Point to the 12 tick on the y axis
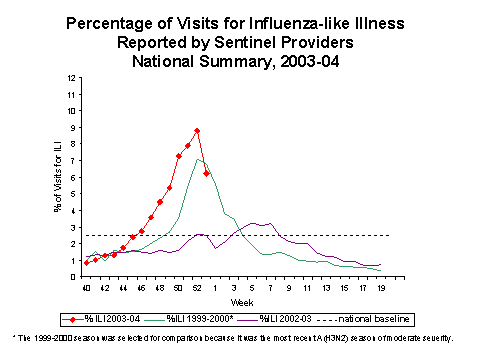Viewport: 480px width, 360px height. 69,78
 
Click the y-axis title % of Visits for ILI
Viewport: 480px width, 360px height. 57,183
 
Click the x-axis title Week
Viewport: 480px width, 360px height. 236,301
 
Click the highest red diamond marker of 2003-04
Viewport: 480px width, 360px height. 197,131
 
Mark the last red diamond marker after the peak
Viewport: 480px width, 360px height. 206,173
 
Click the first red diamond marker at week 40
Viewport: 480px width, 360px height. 87,262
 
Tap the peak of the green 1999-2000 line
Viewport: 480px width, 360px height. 198,159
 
